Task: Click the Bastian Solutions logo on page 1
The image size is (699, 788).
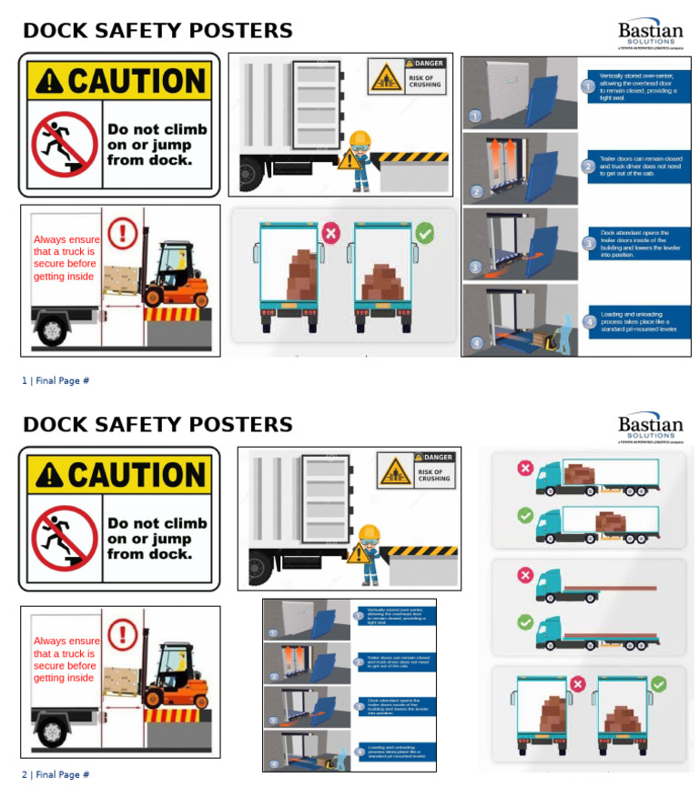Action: (650, 33)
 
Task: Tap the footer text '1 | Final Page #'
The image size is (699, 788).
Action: (56, 380)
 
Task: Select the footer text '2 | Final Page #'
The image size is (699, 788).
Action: (56, 774)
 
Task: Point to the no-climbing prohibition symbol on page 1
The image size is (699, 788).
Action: (64, 144)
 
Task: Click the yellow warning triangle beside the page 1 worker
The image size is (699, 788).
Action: (349, 160)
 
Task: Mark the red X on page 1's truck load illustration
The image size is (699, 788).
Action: (330, 234)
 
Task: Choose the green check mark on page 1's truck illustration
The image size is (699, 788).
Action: (424, 234)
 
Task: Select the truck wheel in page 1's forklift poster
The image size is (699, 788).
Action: (51, 327)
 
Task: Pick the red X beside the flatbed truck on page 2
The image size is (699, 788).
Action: (525, 575)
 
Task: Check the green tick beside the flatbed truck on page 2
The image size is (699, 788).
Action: (525, 622)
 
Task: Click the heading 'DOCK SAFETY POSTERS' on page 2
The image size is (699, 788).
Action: (157, 425)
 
